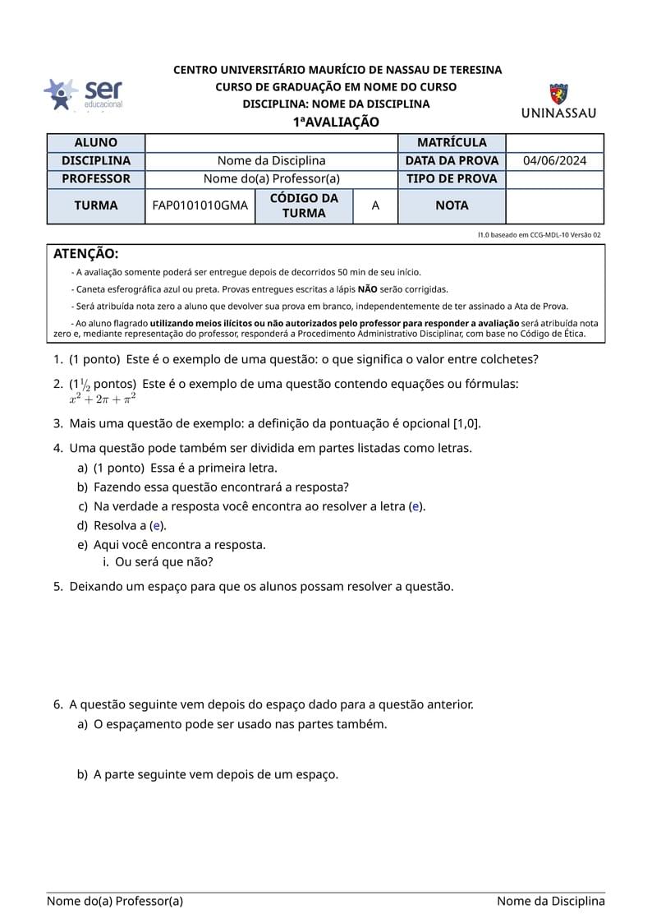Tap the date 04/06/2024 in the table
click(x=554, y=161)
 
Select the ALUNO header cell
click(x=95, y=143)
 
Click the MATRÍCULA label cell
click(x=452, y=143)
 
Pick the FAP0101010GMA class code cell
click(x=200, y=205)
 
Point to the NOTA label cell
click(x=452, y=205)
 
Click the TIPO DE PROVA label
click(x=452, y=179)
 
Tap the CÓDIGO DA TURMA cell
click(x=304, y=205)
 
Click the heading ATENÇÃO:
click(x=85, y=254)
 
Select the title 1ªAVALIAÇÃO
click(x=337, y=122)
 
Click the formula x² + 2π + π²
click(x=103, y=399)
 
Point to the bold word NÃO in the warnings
click(x=368, y=289)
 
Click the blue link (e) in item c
click(x=416, y=506)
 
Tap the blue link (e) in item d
click(x=157, y=526)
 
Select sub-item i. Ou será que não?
click(x=164, y=562)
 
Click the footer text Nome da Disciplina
click(x=550, y=902)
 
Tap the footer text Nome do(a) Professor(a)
click(x=115, y=902)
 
